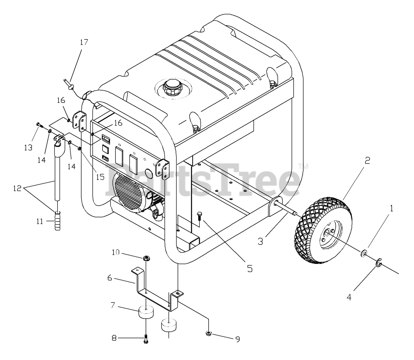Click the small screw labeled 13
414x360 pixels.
pyautogui.click(x=38, y=125)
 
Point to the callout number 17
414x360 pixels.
pyautogui.click(x=84, y=42)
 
